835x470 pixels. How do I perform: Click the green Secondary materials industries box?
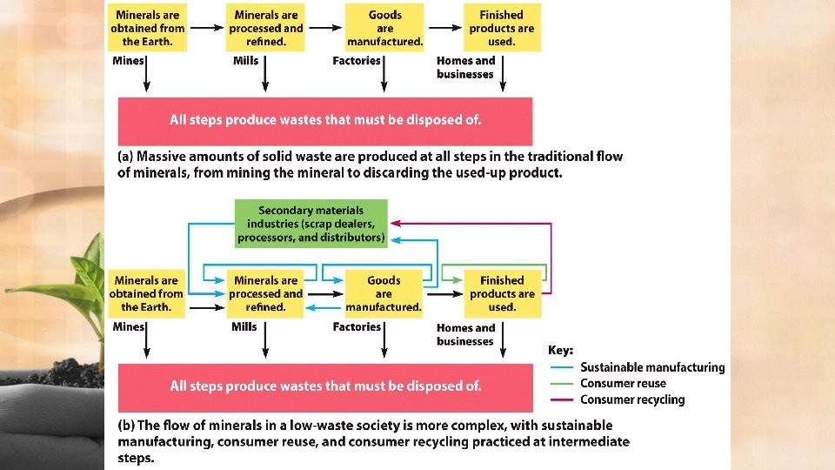click(x=311, y=224)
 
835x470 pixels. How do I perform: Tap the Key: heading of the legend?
click(x=560, y=350)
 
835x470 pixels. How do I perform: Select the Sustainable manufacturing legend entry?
click(x=651, y=367)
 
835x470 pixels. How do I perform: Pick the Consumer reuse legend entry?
click(x=623, y=383)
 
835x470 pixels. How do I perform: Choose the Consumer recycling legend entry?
click(x=632, y=399)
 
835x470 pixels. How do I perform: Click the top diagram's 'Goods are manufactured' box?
click(x=384, y=28)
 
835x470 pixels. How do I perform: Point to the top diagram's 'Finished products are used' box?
click(x=502, y=28)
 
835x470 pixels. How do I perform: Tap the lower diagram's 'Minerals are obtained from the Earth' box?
click(x=146, y=293)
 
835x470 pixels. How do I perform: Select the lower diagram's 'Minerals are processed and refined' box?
click(x=266, y=293)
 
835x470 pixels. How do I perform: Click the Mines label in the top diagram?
click(x=129, y=61)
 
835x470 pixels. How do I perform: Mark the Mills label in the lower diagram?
click(x=244, y=326)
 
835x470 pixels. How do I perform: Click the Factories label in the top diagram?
click(x=357, y=61)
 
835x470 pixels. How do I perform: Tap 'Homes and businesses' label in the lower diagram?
click(x=465, y=334)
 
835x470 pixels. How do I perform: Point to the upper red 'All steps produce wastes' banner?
click(x=325, y=120)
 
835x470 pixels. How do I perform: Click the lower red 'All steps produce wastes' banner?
click(x=325, y=386)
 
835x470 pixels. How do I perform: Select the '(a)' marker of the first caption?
click(x=125, y=157)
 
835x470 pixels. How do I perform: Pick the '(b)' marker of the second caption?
click(x=125, y=426)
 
